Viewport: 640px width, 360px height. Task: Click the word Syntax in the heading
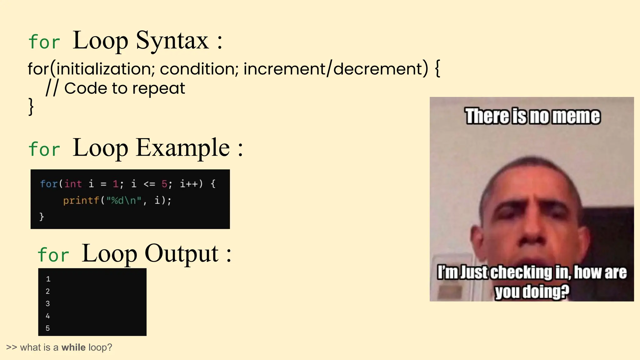tap(172, 41)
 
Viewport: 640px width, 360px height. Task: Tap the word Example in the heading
tap(183, 148)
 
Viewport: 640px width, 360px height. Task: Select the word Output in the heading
tap(181, 253)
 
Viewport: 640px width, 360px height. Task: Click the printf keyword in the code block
tap(81, 200)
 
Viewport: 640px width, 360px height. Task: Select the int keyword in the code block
tap(73, 184)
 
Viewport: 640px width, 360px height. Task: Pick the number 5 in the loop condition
tap(164, 184)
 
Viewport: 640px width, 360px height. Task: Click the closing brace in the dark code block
tap(42, 217)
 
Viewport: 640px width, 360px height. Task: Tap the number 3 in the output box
tap(47, 303)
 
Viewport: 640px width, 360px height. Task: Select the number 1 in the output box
tap(48, 279)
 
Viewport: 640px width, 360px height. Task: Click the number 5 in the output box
tap(47, 328)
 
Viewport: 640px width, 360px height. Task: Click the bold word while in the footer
tap(73, 347)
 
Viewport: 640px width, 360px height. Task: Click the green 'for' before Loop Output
tap(53, 255)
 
